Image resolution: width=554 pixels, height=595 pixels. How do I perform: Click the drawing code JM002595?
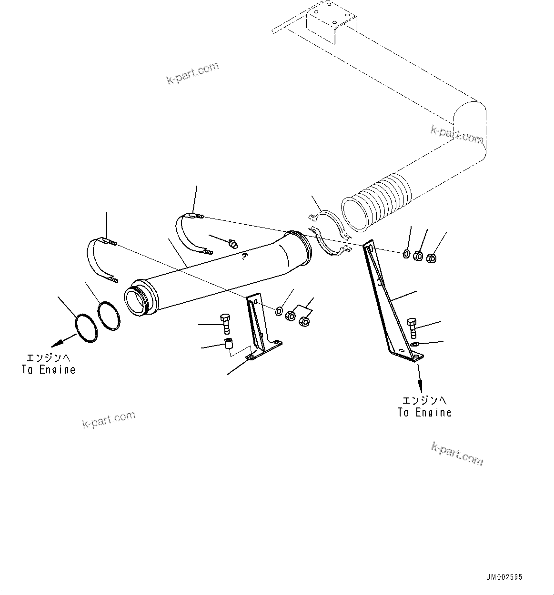pyautogui.click(x=504, y=577)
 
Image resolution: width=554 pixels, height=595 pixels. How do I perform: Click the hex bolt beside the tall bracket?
pyautogui.click(x=412, y=328)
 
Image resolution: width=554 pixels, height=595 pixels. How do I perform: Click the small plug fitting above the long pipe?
pyautogui.click(x=233, y=245)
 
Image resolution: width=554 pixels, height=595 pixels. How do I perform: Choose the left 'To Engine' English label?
pyautogui.click(x=48, y=369)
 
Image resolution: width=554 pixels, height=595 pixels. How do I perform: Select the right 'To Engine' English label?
pyautogui.click(x=424, y=412)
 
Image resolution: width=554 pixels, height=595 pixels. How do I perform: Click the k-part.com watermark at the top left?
pyautogui.click(x=192, y=73)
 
